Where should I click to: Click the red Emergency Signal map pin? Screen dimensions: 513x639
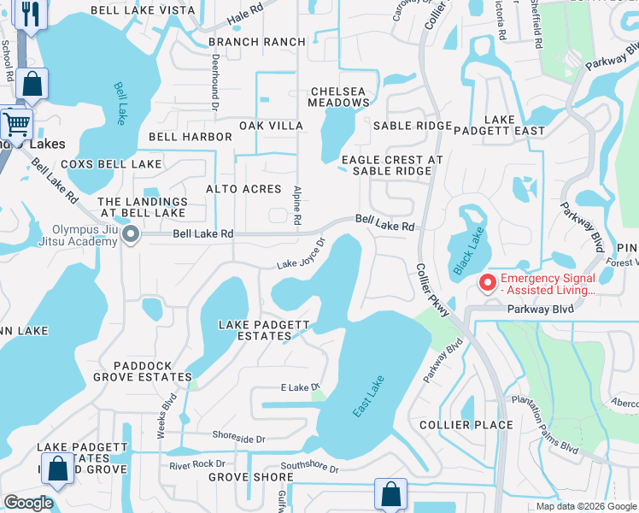point(487,281)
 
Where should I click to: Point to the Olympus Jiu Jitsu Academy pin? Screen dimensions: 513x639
point(130,234)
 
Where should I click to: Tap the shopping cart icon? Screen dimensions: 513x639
point(16,122)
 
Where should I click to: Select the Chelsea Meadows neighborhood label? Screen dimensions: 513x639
point(340,97)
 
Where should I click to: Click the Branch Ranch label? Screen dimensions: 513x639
point(256,42)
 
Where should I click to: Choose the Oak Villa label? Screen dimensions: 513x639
point(271,126)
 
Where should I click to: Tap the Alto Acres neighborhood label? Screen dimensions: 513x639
point(243,188)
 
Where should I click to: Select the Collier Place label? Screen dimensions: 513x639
point(466,425)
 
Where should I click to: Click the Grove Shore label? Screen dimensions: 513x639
point(239,477)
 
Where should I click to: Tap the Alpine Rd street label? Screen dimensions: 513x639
point(297,205)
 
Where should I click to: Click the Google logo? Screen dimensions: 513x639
point(28,503)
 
